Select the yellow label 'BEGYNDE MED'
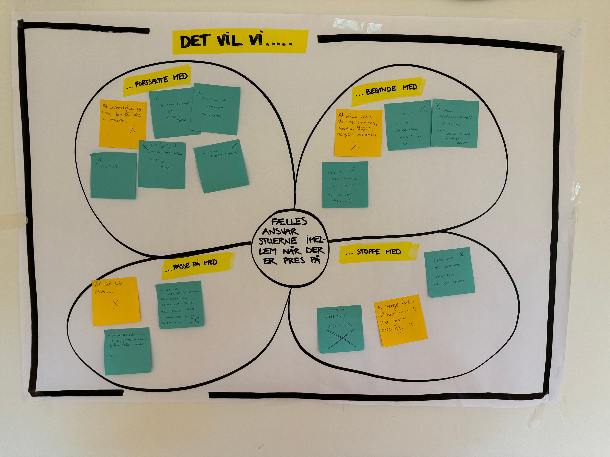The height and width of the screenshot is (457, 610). pyautogui.click(x=388, y=91)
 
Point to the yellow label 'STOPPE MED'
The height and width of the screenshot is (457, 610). pyautogui.click(x=379, y=252)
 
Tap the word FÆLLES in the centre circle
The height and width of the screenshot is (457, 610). pyautogui.click(x=289, y=222)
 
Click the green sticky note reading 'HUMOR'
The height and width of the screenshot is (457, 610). pyautogui.click(x=113, y=176)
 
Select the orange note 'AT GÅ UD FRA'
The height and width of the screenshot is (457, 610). pyautogui.click(x=115, y=301)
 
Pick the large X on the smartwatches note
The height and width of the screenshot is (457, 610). pyautogui.click(x=341, y=340)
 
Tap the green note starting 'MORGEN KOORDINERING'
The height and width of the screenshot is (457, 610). pyautogui.click(x=345, y=185)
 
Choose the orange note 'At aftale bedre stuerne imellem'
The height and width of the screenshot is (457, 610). pyautogui.click(x=358, y=133)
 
